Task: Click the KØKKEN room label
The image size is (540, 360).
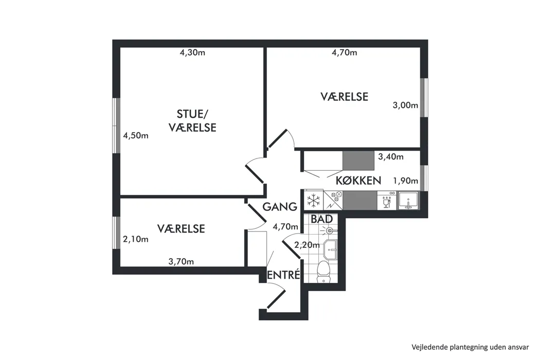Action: point(358,180)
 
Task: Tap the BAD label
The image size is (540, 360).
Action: point(321,219)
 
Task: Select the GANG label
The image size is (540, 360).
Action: point(280,207)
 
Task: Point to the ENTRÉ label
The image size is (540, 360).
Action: point(284,275)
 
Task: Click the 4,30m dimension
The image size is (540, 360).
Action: point(192,52)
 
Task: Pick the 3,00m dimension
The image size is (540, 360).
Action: point(405,105)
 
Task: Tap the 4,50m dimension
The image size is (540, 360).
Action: point(136,135)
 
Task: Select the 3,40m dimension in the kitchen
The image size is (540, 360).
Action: point(391,157)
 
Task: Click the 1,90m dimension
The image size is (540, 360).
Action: point(406,181)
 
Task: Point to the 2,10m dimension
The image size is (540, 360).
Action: point(136,239)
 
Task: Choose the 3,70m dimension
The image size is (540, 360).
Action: point(181,262)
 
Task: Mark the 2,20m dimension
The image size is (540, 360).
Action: point(307,245)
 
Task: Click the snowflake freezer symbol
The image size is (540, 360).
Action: point(313,200)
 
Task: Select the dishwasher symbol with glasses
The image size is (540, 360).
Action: point(387,201)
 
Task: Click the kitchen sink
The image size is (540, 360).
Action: point(408,201)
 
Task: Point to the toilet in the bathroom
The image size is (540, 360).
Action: point(323,272)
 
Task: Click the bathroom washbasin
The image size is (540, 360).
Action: point(331,249)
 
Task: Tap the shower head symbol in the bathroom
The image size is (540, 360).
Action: point(329,230)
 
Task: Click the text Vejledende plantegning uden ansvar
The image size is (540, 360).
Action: point(470,347)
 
